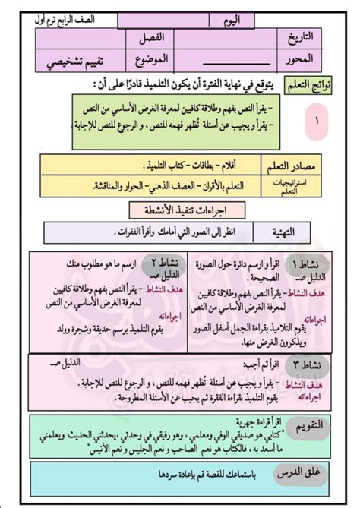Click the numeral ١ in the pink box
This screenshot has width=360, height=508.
tap(316, 119)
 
